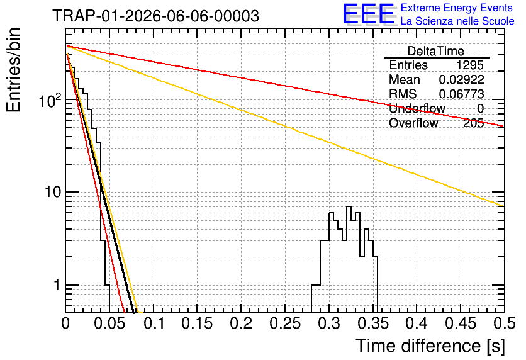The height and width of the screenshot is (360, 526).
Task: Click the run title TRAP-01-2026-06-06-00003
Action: click(x=155, y=16)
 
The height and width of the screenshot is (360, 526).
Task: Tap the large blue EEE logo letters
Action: click(x=368, y=14)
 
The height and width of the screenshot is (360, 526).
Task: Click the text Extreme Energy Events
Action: click(x=457, y=8)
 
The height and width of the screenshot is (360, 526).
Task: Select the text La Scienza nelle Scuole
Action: click(x=457, y=21)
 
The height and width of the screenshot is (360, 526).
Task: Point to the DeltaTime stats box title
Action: click(x=436, y=51)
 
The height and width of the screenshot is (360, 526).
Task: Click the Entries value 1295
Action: click(x=469, y=65)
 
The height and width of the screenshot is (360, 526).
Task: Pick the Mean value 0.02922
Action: click(x=462, y=79)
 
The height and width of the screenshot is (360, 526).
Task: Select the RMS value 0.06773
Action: click(x=462, y=94)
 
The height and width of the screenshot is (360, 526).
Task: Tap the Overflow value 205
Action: click(x=474, y=123)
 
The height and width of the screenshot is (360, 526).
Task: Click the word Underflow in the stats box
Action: click(x=417, y=108)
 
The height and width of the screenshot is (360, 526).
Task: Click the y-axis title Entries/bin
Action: click(x=13, y=70)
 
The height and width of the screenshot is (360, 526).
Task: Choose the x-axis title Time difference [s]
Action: click(x=430, y=346)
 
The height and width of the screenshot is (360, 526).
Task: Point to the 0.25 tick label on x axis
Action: click(x=285, y=323)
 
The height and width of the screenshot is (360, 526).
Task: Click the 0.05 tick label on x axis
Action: click(x=109, y=323)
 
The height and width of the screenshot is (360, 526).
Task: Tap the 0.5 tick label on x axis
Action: click(x=504, y=323)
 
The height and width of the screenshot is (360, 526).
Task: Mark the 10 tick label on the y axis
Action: click(x=53, y=192)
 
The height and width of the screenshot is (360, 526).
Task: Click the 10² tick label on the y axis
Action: click(x=50, y=100)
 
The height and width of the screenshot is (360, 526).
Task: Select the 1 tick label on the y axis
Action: click(x=57, y=285)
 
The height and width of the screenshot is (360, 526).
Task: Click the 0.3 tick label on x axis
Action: click(x=329, y=323)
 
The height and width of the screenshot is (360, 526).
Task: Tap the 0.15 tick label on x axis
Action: click(x=198, y=323)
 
